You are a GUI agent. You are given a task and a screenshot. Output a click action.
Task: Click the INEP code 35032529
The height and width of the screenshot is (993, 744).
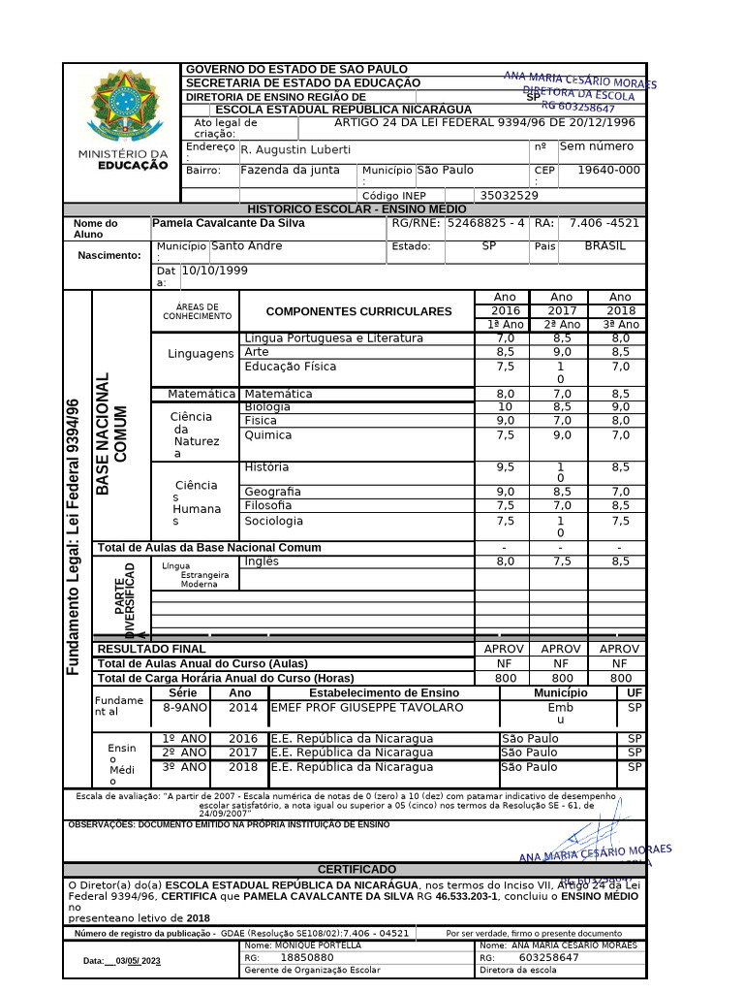pyautogui.click(x=509, y=196)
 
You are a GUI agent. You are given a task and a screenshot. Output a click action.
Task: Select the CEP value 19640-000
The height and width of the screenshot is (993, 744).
pyautogui.click(x=608, y=171)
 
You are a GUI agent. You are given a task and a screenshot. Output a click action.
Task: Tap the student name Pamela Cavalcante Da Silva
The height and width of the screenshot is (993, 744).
pyautogui.click(x=229, y=223)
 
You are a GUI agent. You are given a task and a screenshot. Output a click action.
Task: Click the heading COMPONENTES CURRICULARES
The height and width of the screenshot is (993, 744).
pyautogui.click(x=358, y=311)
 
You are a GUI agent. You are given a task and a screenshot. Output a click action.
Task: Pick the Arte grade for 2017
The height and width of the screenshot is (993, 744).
pyautogui.click(x=562, y=353)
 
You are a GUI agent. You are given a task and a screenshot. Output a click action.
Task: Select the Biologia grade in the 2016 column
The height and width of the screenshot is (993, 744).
pyautogui.click(x=505, y=407)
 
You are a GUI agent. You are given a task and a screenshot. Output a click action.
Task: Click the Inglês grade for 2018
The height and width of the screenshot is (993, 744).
pyautogui.click(x=620, y=561)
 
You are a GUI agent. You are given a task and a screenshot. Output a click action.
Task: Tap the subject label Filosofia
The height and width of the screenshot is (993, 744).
pyautogui.click(x=267, y=506)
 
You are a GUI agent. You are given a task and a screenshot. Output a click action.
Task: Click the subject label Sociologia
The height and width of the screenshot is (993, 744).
pyautogui.click(x=273, y=521)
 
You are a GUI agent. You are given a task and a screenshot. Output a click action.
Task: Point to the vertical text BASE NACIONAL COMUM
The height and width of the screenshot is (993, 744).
pyautogui.click(x=111, y=433)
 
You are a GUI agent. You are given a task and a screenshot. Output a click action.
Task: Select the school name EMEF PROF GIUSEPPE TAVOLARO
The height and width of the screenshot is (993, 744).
pyautogui.click(x=353, y=708)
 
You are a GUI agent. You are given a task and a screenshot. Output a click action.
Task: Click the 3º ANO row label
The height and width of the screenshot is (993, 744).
pyautogui.click(x=184, y=767)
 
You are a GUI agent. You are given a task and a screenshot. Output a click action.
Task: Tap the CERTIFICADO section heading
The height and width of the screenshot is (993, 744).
pyautogui.click(x=357, y=869)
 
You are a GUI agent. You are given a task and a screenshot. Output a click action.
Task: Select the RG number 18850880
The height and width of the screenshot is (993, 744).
pyautogui.click(x=306, y=958)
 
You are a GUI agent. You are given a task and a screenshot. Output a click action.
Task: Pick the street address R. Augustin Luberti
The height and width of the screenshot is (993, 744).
pyautogui.click(x=295, y=150)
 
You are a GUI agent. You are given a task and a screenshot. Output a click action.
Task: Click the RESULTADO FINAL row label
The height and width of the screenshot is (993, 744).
pyautogui.click(x=151, y=649)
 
